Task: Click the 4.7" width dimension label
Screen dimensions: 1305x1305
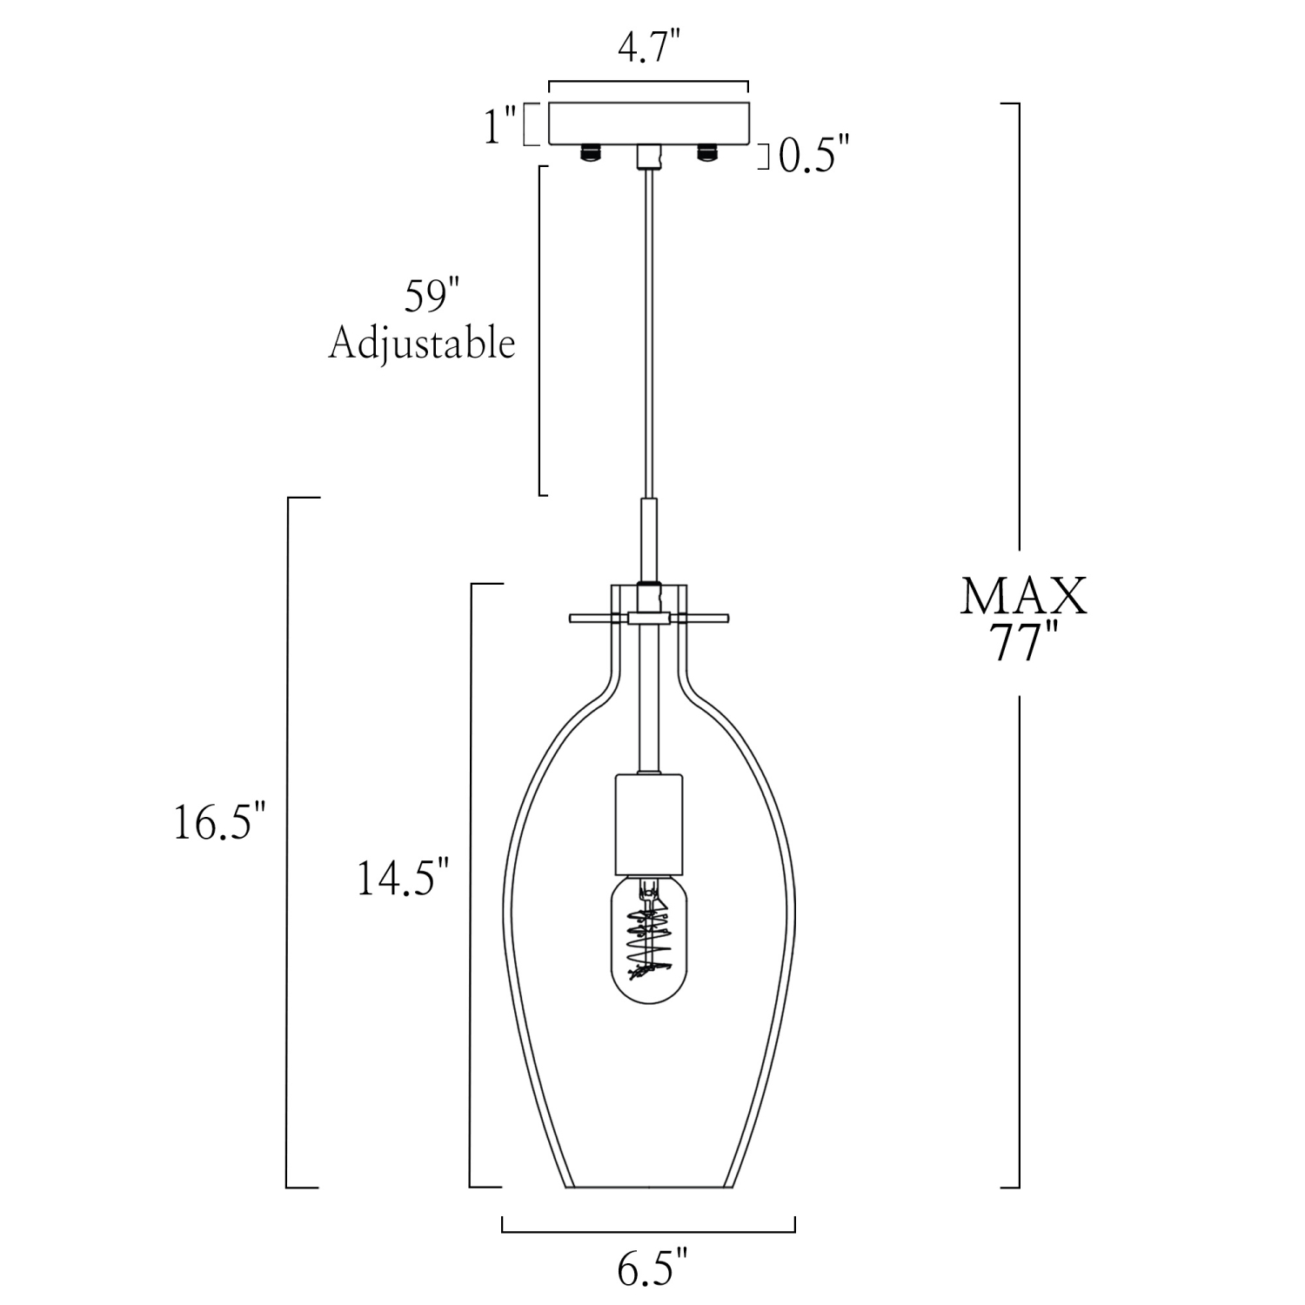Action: [x=647, y=50]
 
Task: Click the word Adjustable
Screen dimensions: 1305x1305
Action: [x=422, y=345]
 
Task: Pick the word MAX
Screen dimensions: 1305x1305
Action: [x=1023, y=598]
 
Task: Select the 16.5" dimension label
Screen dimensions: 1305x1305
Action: [x=218, y=823]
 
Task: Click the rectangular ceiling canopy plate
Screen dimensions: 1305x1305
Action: [x=648, y=124]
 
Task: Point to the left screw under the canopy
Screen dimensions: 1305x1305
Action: [x=592, y=153]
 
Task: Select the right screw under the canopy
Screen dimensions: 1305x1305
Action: [x=705, y=153]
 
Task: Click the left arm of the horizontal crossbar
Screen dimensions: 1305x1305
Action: [x=597, y=618]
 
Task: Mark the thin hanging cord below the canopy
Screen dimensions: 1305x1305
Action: [x=648, y=331]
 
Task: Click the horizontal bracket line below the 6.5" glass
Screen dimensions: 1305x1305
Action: [x=648, y=1231]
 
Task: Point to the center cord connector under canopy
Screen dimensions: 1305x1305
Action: [x=648, y=157]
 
